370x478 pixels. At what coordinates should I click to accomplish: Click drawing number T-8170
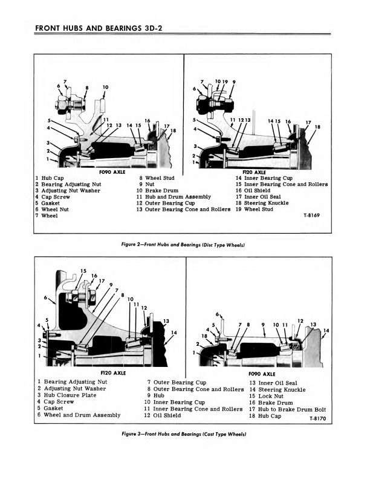(x=316, y=417)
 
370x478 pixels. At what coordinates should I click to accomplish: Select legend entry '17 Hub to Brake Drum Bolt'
(x=287, y=409)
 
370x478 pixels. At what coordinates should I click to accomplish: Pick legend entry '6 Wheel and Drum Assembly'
(x=78, y=415)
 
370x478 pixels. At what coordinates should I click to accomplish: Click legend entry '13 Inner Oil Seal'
(x=273, y=383)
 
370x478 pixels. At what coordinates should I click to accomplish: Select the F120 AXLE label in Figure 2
(x=250, y=172)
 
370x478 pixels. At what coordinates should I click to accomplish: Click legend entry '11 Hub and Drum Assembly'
(x=174, y=197)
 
